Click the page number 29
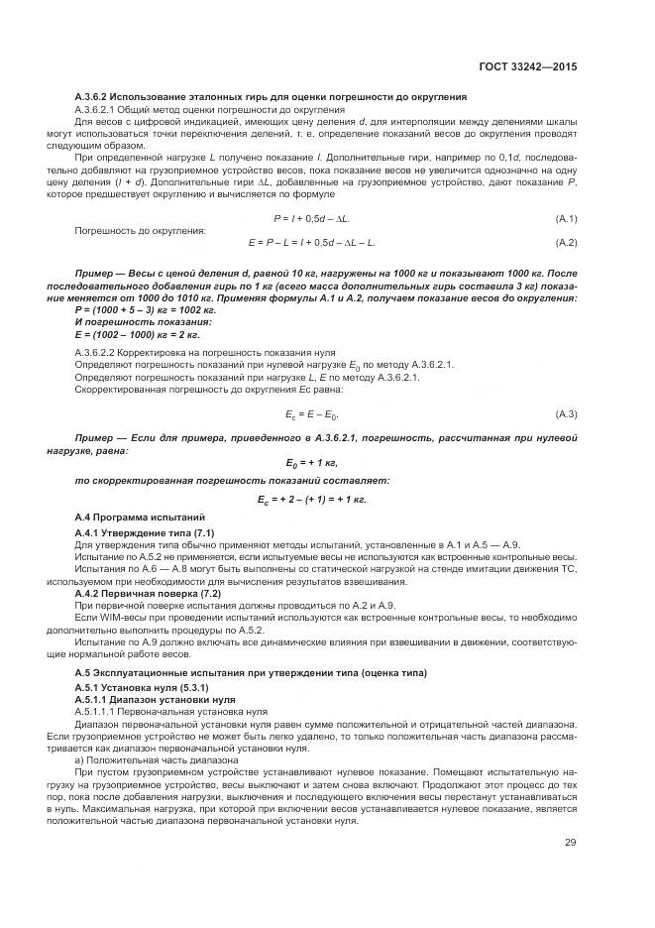click(x=571, y=844)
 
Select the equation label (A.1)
click(x=566, y=217)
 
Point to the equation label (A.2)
click(x=566, y=242)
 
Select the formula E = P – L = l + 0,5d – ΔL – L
click(x=311, y=242)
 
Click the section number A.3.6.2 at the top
click(x=98, y=96)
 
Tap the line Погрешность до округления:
click(x=140, y=230)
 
